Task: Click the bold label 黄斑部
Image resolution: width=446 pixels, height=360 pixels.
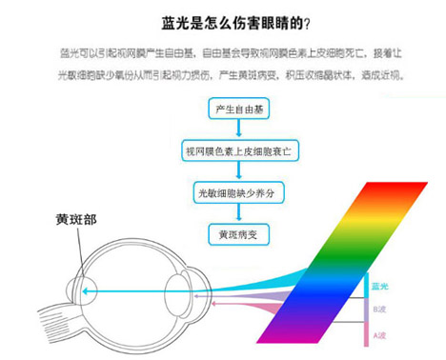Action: tap(76, 218)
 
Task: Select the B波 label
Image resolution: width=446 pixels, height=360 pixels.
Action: tap(378, 310)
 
